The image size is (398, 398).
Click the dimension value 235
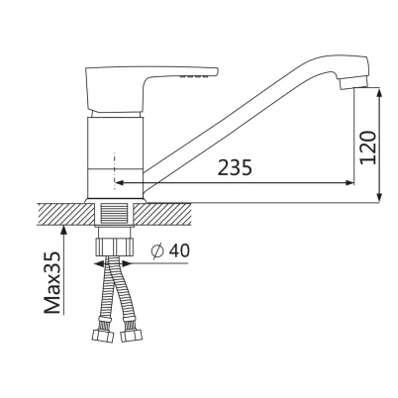pyautogui.click(x=235, y=167)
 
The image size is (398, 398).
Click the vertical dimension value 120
pyautogui.click(x=368, y=148)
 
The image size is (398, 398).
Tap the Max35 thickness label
pyautogui.click(x=52, y=282)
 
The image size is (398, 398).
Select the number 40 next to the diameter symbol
pyautogui.click(x=179, y=250)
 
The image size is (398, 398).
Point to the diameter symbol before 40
pyautogui.click(x=157, y=250)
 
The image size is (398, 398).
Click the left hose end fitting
pyautogui.click(x=103, y=336)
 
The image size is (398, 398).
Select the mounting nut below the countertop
pyautogui.click(x=115, y=247)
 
